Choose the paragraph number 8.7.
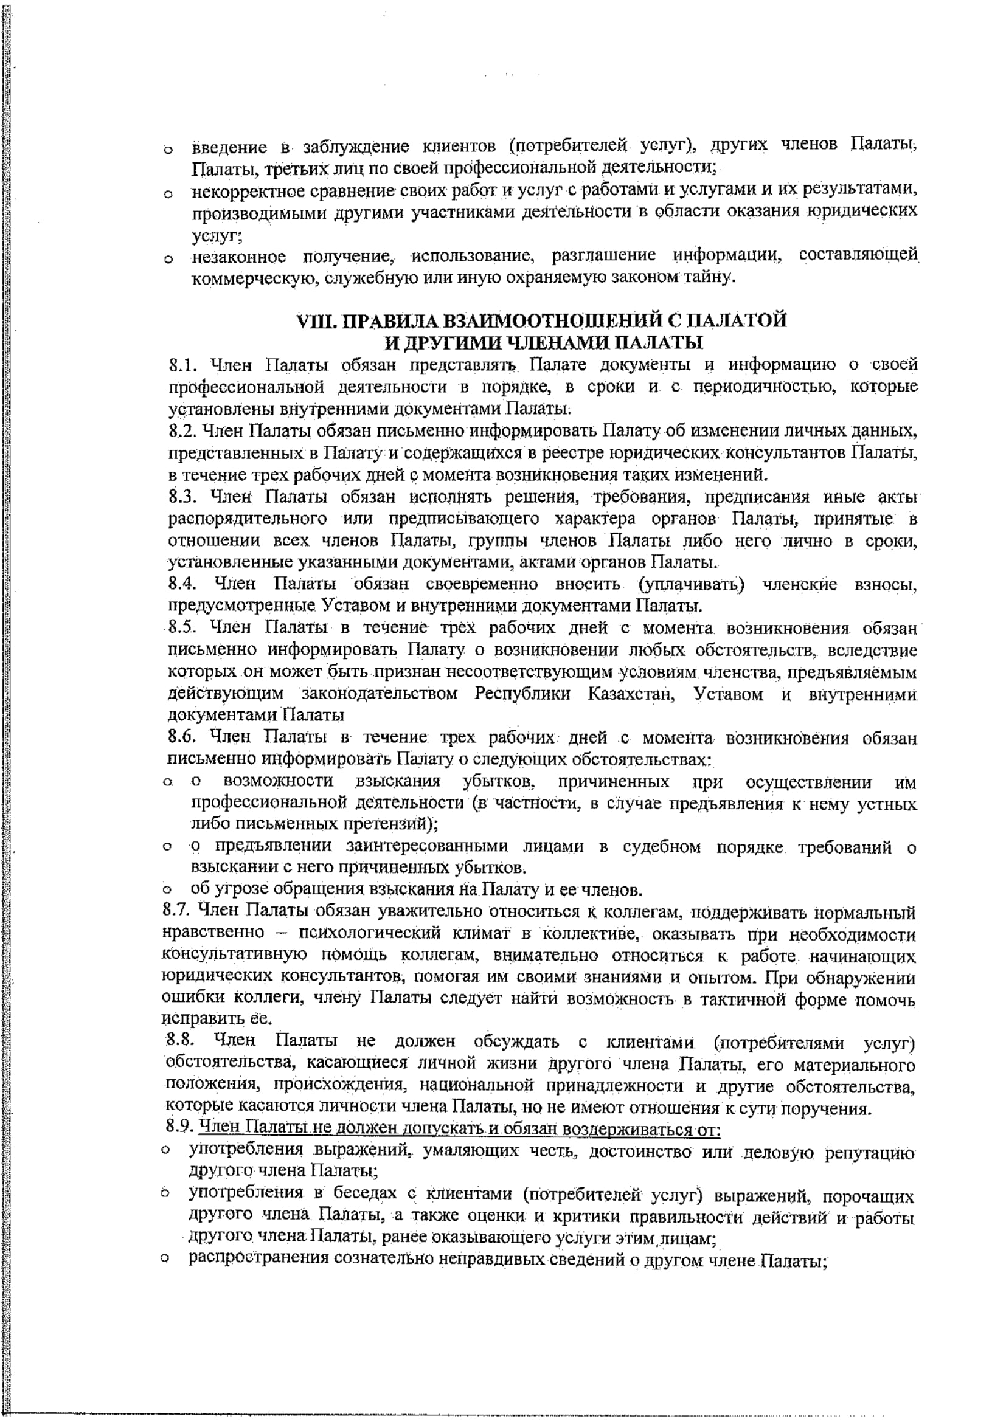click(x=177, y=913)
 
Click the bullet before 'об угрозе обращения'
click(x=167, y=892)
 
